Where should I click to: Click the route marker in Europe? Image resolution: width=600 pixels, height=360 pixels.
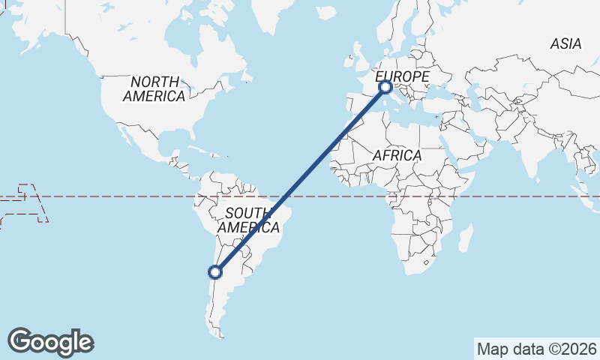(385, 87)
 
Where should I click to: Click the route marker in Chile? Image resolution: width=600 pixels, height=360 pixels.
(215, 271)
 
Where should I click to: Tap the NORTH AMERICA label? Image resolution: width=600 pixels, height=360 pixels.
(154, 88)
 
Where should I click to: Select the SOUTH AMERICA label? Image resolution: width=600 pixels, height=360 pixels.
(248, 219)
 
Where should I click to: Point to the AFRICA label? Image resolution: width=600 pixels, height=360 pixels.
(397, 155)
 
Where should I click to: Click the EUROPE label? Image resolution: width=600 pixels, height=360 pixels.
(402, 76)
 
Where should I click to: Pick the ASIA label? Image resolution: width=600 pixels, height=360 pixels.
(565, 44)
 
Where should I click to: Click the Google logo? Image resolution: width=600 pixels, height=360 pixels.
(50, 342)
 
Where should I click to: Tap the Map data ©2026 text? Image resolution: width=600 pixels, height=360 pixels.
(536, 349)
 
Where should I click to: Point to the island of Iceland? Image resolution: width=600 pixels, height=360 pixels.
(325, 13)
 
